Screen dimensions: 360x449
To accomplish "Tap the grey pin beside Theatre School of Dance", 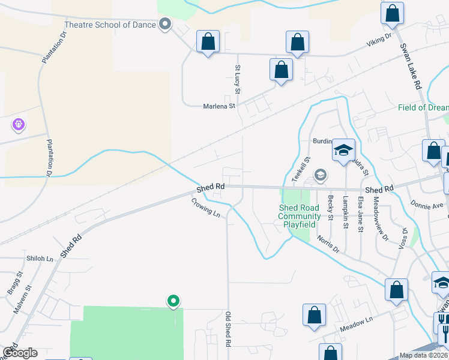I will pos(165,25).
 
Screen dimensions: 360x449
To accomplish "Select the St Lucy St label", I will pos(238,79).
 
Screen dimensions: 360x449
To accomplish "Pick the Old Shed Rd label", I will pos(228,329).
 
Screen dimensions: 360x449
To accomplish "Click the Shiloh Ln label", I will pos(40,259).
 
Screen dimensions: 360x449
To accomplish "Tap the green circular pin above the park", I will pos(173,301).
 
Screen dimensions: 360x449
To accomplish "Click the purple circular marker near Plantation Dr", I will pos(19,125).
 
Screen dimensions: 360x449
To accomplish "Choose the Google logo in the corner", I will pos(19,353).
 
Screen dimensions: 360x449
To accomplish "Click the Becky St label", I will pos(330,207).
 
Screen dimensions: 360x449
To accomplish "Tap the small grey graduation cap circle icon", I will pos(321,175).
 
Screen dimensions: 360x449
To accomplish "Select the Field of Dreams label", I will pos(423,107).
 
